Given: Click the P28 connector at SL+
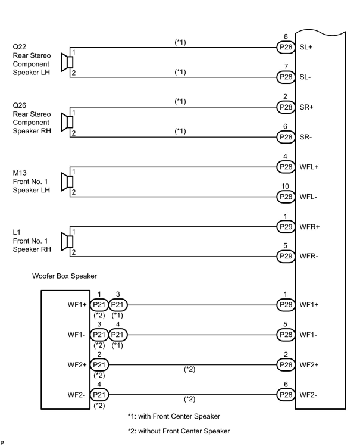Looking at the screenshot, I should coord(286,47).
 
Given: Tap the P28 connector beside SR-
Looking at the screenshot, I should coord(286,137).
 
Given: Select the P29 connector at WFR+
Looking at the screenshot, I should coord(286,227).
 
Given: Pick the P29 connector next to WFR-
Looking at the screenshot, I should coord(286,256).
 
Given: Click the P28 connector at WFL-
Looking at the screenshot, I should coord(286,197).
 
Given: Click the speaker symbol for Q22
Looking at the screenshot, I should coord(67,63).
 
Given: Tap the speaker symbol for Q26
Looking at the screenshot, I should coord(67,122).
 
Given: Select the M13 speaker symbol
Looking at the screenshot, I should coord(67,182).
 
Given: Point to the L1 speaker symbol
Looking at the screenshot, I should coord(67,241).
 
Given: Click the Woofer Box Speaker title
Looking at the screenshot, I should coord(64,276).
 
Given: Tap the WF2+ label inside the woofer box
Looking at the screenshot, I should coord(77,365).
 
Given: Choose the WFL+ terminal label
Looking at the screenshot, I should coord(309,167).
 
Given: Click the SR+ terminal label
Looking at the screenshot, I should coord(306,107).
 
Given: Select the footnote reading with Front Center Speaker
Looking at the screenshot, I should coord(174,416).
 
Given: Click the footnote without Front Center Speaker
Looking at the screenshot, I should coord(179,431).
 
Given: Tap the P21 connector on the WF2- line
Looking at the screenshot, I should coord(99,395).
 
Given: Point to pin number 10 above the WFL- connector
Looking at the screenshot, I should coord(285,186).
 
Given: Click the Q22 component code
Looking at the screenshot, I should coord(19,47).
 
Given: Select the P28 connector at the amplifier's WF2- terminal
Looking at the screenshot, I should coord(286,395).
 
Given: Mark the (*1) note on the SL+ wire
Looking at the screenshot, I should coord(180,43).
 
